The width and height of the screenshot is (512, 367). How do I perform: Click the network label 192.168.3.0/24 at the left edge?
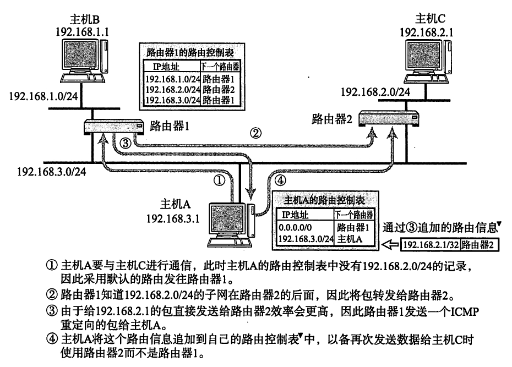pyautogui.click(x=47, y=171)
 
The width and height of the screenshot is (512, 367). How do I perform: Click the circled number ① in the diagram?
pyautogui.click(x=220, y=179)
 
